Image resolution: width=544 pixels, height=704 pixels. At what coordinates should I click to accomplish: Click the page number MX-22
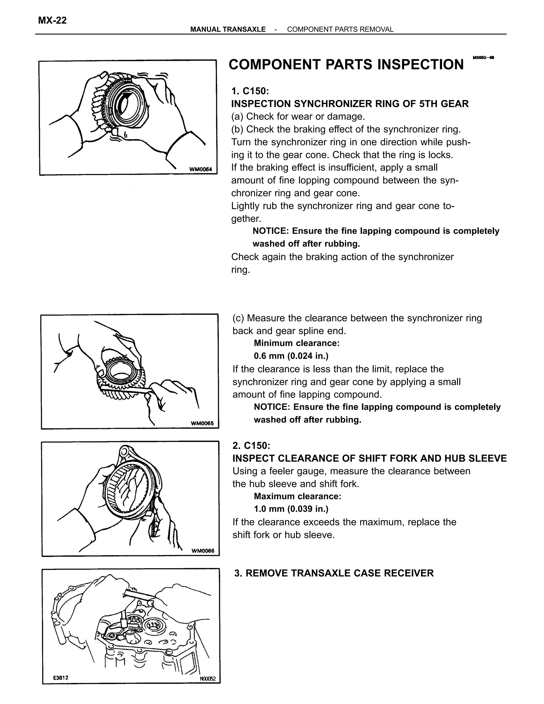[x=52, y=21]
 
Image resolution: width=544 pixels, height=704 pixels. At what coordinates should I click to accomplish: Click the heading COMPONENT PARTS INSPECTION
[x=346, y=65]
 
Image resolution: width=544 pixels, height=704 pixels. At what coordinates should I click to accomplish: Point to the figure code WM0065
[x=202, y=423]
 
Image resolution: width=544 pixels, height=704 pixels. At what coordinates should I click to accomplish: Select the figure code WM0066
[x=203, y=550]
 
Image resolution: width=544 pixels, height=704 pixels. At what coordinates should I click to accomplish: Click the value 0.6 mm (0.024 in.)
[x=291, y=356]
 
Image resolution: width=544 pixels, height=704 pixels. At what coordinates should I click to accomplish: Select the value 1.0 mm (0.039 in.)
[x=291, y=509]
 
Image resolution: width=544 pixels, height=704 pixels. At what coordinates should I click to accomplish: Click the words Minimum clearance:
[x=296, y=343]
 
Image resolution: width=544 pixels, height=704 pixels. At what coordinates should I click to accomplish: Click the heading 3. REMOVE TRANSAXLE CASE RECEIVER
[x=334, y=573]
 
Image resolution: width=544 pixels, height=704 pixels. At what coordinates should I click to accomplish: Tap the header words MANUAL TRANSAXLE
[x=228, y=29]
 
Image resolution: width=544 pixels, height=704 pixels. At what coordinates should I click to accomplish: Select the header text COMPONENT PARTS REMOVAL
[x=340, y=29]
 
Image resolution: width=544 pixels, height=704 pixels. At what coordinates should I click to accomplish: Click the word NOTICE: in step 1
[x=271, y=231]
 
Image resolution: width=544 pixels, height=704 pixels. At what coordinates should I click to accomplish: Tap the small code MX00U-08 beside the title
[x=483, y=58]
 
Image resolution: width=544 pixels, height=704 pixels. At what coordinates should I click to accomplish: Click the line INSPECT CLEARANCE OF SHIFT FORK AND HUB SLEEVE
[x=369, y=458]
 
